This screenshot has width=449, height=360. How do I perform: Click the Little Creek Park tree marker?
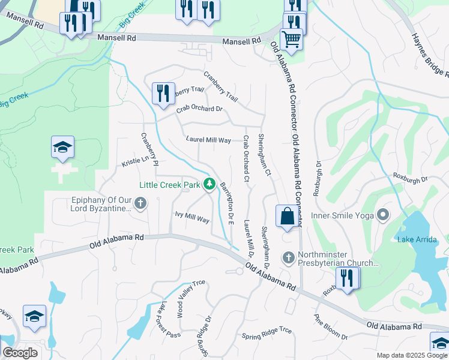click(209, 184)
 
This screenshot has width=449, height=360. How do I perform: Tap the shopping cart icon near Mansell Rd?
click(291, 39)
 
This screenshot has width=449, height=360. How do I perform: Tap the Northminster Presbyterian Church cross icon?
click(288, 258)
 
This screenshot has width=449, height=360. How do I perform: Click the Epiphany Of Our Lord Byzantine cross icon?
click(140, 203)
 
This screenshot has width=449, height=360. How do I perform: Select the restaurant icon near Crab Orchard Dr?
click(163, 92)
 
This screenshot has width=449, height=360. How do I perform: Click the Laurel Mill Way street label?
click(208, 140)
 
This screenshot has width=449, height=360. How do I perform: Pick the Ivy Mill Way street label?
click(192, 217)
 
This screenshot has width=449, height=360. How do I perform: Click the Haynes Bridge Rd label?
click(430, 55)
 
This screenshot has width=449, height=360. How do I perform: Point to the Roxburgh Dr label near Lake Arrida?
click(409, 179)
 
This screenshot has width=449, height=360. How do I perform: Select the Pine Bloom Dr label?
click(331, 328)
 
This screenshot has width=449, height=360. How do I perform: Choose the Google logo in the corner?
click(20, 353)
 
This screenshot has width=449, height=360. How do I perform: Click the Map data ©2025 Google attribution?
click(412, 355)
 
